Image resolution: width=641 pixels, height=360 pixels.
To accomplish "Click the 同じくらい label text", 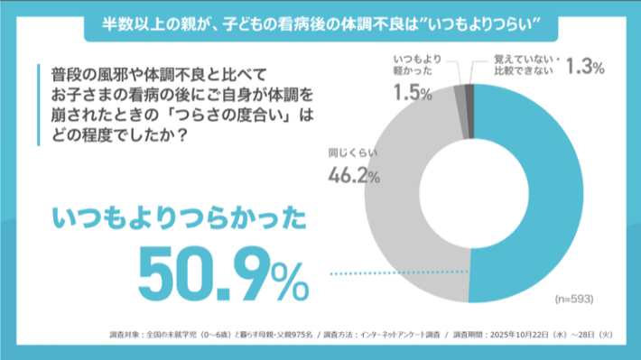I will tap(348, 152).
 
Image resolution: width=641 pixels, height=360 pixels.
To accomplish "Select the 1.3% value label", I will tap(582, 66).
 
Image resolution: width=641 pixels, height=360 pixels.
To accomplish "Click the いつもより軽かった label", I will tap(417, 66).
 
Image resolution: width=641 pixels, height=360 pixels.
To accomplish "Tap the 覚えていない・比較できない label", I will tap(528, 66).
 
